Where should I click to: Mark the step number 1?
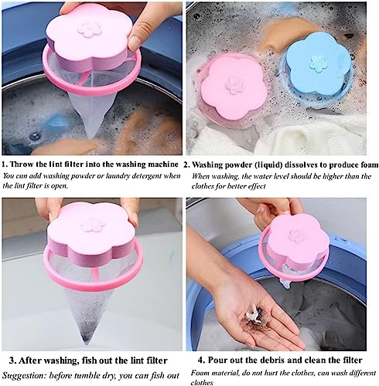point(5,164)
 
